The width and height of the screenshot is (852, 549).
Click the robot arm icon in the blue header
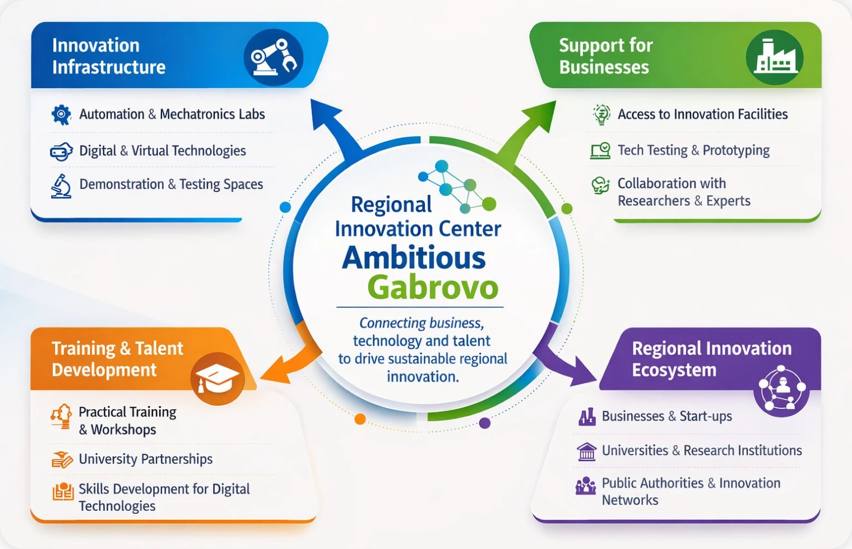[274, 58]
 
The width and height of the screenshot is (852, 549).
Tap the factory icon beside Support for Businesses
[775, 58]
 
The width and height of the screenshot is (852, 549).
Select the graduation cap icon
[217, 379]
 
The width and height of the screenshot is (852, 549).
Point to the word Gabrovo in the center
[433, 288]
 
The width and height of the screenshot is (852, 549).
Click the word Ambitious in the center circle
[414, 258]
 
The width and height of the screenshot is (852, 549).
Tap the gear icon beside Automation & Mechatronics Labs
[61, 114]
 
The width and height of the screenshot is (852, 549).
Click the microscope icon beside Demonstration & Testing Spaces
[61, 186]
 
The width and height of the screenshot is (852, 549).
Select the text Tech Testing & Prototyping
[693, 150]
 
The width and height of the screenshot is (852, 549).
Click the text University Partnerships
[146, 459]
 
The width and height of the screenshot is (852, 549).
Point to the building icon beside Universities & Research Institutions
[587, 451]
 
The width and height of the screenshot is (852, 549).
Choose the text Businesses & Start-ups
[666, 417]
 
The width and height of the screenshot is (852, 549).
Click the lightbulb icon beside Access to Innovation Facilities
[601, 114]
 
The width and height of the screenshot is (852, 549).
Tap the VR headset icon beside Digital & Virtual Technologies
[61, 151]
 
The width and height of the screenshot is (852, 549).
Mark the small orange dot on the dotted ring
[360, 419]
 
